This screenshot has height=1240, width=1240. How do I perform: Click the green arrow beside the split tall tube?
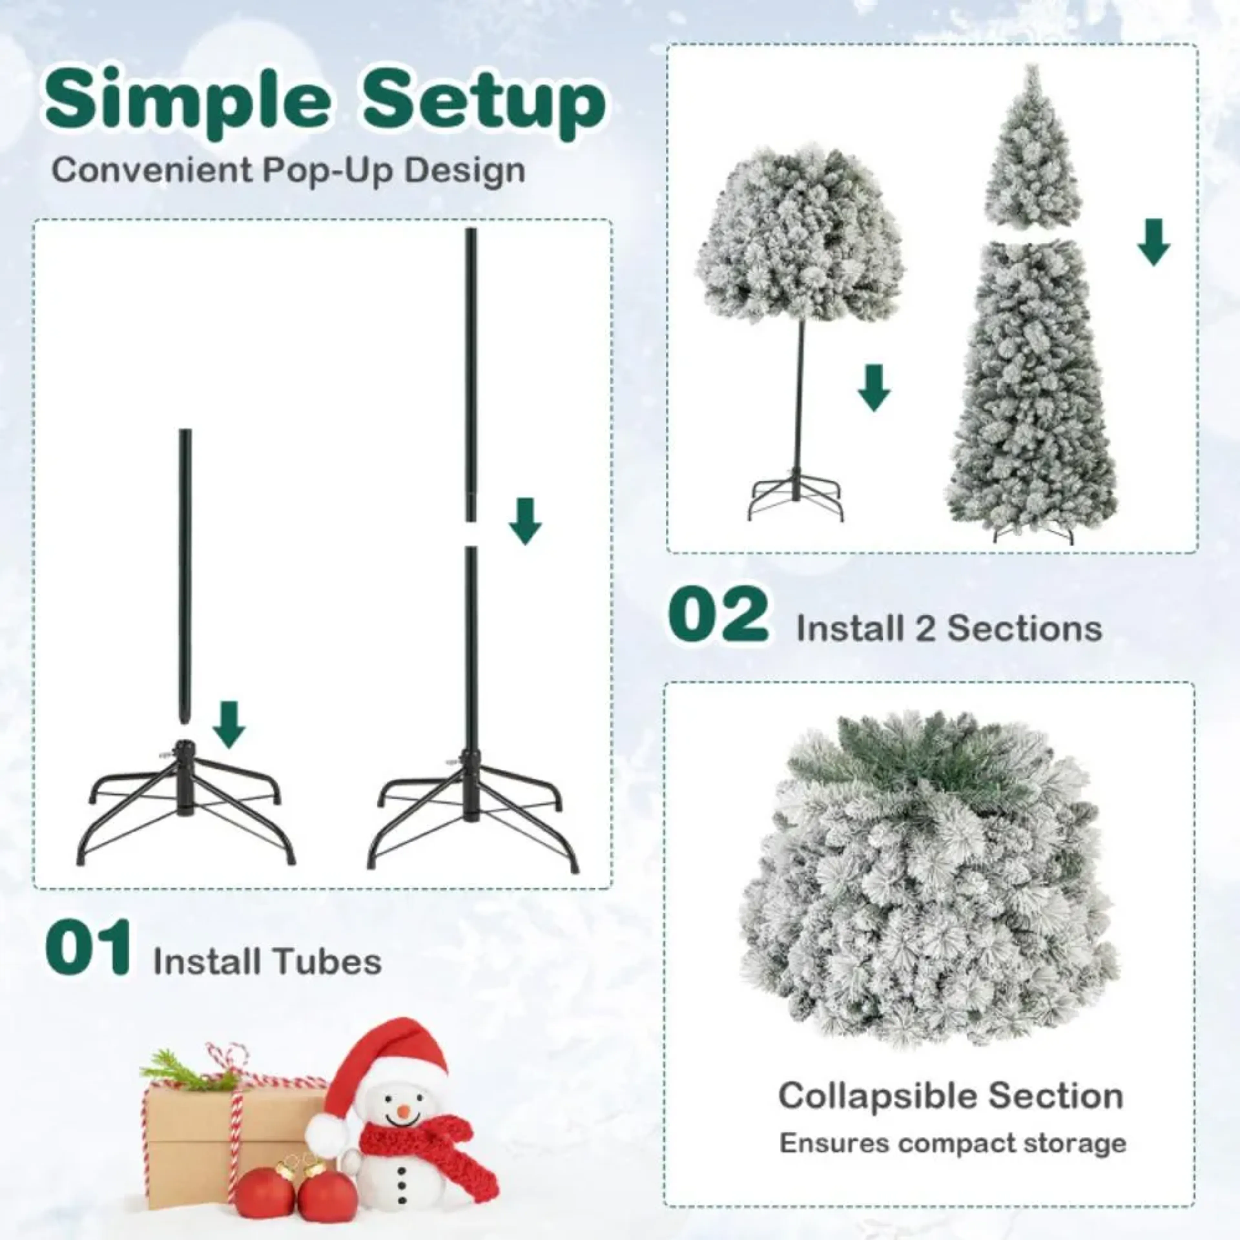click(525, 521)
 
